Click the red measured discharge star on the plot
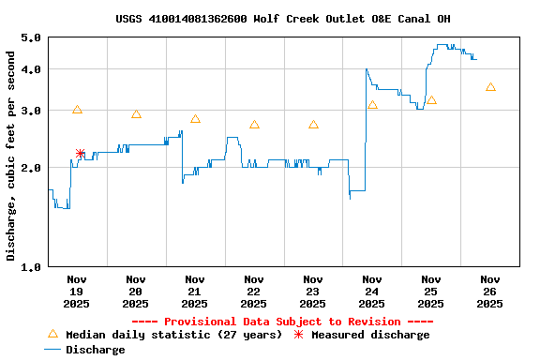tap(80, 153)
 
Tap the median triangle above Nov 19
tap(77, 110)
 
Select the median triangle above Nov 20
tap(136, 114)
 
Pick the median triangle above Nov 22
tap(254, 125)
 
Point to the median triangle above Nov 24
tap(372, 105)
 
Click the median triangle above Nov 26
tap(490, 87)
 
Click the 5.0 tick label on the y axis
tap(30, 37)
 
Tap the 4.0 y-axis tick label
tap(30, 69)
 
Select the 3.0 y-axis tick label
tap(30, 111)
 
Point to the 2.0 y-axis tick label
tap(30, 168)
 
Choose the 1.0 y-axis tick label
tap(30, 266)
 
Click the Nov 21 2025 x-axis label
tap(195, 291)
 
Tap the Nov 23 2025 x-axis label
tap(313, 291)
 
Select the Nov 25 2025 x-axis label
tap(431, 291)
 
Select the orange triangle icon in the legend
tap(52, 334)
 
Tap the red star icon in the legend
tap(299, 335)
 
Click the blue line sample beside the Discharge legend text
tap(52, 350)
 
